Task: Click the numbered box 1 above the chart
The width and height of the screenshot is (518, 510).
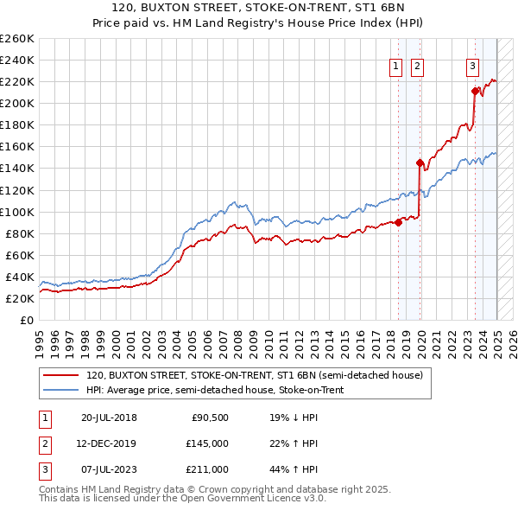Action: (x=395, y=67)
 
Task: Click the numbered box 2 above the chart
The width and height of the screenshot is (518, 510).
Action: (x=416, y=67)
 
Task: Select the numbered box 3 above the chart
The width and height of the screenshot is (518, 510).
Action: (x=473, y=67)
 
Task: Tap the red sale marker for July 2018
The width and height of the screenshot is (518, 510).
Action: (x=399, y=222)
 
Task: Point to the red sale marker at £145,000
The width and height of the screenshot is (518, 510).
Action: (x=420, y=163)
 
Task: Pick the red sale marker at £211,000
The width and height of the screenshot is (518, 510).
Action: (x=475, y=91)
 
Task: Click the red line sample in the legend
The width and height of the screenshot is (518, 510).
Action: (x=60, y=376)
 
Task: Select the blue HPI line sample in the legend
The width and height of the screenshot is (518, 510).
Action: (x=60, y=391)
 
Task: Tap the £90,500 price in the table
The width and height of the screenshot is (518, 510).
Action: (x=210, y=418)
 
